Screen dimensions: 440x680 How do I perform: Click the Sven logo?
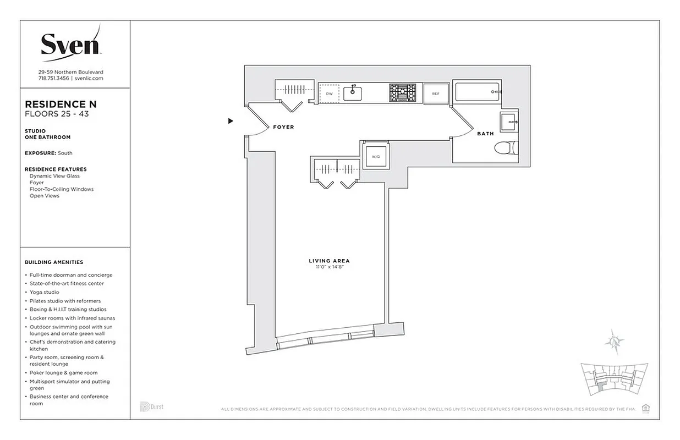70,43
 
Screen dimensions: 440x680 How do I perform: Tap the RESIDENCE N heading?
61,105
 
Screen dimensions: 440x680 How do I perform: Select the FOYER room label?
283,127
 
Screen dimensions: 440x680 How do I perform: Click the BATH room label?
485,134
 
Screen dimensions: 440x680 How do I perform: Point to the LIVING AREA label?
329,261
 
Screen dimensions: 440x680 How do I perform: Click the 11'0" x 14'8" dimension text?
329,267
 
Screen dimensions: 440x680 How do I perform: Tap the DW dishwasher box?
330,94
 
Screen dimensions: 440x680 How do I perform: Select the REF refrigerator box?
436,94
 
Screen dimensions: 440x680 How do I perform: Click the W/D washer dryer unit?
376,156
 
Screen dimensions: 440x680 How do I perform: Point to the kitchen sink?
353,94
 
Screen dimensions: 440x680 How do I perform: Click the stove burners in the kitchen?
403,94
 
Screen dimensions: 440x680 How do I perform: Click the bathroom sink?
509,121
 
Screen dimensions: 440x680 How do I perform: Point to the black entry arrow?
231,121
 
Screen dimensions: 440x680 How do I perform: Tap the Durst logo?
152,407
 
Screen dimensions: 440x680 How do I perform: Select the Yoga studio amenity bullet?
44,292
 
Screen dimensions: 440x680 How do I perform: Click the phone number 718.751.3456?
53,79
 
